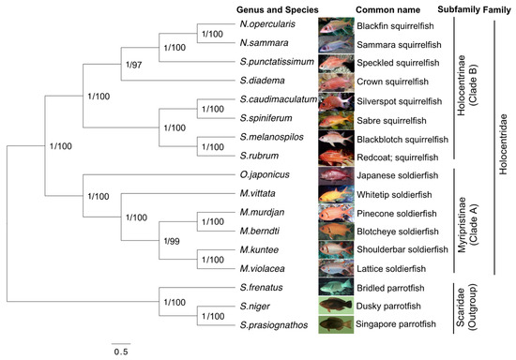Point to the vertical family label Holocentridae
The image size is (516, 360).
pos(503,141)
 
